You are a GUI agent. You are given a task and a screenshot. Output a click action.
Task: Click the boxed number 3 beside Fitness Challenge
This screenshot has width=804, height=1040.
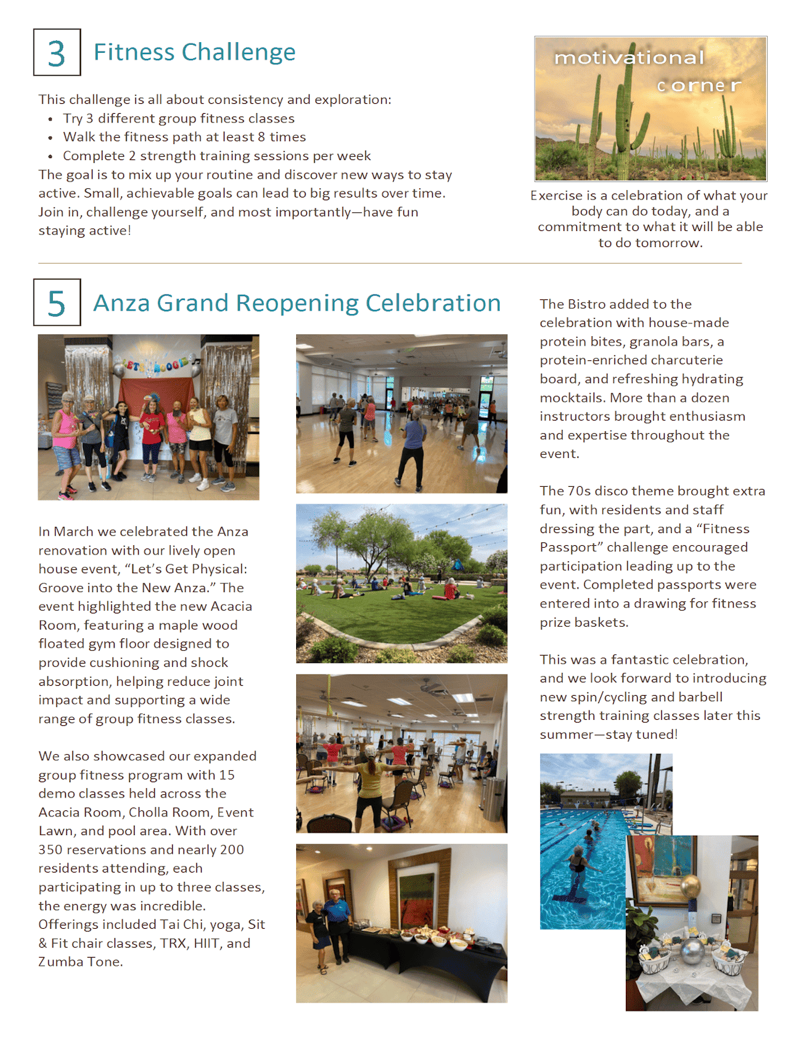coord(57,53)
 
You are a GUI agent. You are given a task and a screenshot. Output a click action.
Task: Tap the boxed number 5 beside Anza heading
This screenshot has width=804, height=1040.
coord(57,303)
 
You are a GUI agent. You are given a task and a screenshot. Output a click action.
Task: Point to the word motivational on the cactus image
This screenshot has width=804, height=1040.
coord(628,58)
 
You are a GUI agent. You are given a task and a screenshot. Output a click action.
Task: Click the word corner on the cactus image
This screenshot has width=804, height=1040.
coord(699,86)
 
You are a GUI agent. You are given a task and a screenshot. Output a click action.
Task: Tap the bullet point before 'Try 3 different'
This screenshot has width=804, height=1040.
coord(50,119)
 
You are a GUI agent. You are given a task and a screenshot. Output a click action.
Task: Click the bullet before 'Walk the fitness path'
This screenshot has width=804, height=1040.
coord(50,138)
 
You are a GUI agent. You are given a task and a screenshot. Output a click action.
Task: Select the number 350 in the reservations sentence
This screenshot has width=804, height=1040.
coord(51,850)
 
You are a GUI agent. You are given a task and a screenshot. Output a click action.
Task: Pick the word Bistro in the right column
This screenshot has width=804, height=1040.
coord(587,304)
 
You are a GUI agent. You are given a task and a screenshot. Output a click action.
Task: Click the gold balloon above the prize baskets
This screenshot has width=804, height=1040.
coord(690,888)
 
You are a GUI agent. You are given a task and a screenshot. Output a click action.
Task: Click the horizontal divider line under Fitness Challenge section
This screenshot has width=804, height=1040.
coord(389,264)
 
